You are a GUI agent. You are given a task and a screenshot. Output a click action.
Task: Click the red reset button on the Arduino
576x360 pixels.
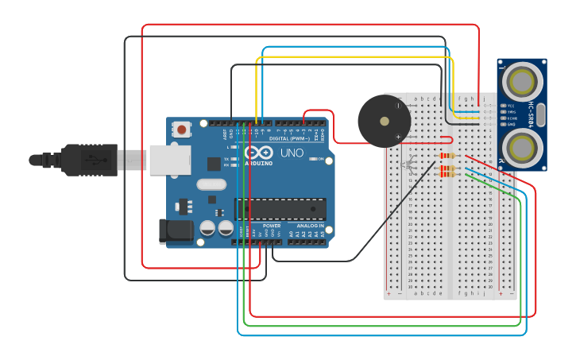click(182, 129)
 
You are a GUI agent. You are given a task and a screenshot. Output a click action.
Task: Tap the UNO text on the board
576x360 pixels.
click(292, 153)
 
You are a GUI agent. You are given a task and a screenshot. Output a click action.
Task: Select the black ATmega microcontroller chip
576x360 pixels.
click(280, 209)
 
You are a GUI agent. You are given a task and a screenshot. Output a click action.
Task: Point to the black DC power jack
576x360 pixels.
click(174, 230)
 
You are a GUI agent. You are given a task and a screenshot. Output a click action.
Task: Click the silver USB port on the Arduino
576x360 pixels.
click(168, 159)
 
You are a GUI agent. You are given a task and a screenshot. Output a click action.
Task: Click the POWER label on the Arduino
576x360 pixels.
click(272, 226)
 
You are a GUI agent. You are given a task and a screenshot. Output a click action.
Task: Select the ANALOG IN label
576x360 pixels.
click(311, 226)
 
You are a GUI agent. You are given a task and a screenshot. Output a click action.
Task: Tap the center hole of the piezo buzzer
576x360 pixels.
click(385, 122)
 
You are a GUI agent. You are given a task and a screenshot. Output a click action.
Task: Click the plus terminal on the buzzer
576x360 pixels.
click(398, 137)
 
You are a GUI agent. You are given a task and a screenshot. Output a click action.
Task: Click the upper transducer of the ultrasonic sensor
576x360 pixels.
click(521, 81)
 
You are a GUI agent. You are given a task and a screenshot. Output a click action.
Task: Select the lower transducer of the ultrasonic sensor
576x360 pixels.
click(521, 147)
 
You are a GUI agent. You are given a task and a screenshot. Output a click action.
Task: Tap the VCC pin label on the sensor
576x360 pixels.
click(511, 106)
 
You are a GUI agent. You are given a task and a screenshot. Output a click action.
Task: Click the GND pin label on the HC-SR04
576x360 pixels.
click(511, 124)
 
